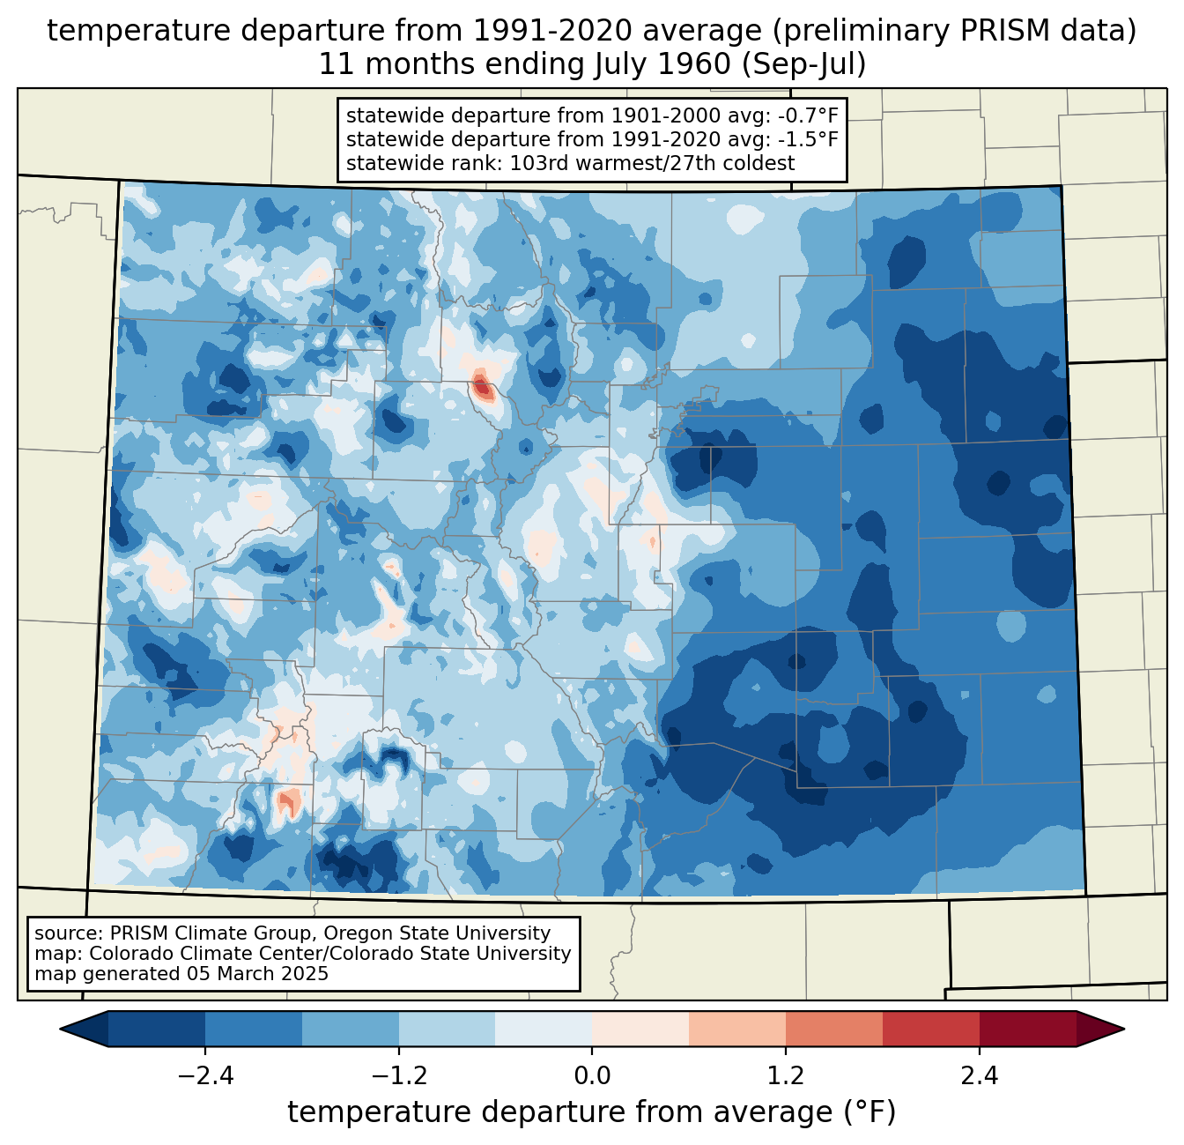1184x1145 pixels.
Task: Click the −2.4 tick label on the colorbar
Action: point(205,1076)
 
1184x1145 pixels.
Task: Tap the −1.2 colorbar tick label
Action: point(398,1076)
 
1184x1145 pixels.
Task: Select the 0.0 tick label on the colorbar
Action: point(592,1076)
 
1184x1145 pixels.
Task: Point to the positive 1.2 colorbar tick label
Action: point(786,1076)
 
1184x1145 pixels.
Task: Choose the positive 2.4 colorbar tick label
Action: point(979,1076)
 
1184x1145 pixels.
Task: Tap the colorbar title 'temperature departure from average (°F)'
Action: point(592,1112)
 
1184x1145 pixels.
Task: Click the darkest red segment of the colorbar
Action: point(1027,1029)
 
